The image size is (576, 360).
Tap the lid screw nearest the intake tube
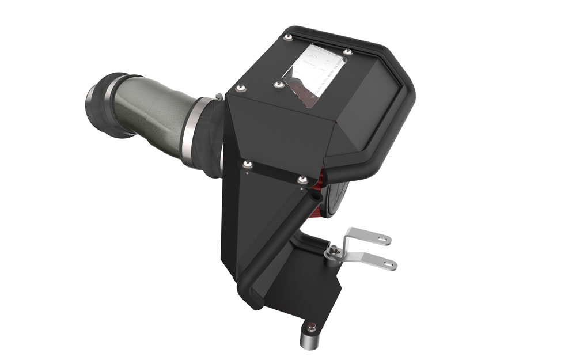pyautogui.click(x=240, y=88)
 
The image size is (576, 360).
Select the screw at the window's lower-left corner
pyautogui.click(x=279, y=85)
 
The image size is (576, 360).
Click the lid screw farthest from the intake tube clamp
pyautogui.click(x=288, y=38)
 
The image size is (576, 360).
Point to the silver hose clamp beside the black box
pyautogui.click(x=194, y=130)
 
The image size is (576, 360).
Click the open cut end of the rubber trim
pyautogui.click(x=314, y=197)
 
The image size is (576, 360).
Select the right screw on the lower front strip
pyautogui.click(x=301, y=180)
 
